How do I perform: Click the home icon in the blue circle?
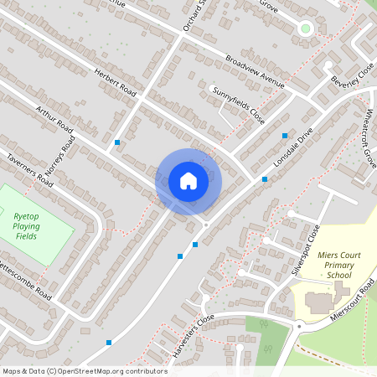click(x=188, y=180)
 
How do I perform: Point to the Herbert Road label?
click(x=116, y=81)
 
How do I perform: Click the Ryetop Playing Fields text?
click(x=27, y=226)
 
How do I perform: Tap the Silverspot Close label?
click(x=306, y=250)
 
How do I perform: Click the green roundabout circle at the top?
click(x=305, y=28)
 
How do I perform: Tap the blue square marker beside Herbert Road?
click(x=116, y=142)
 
